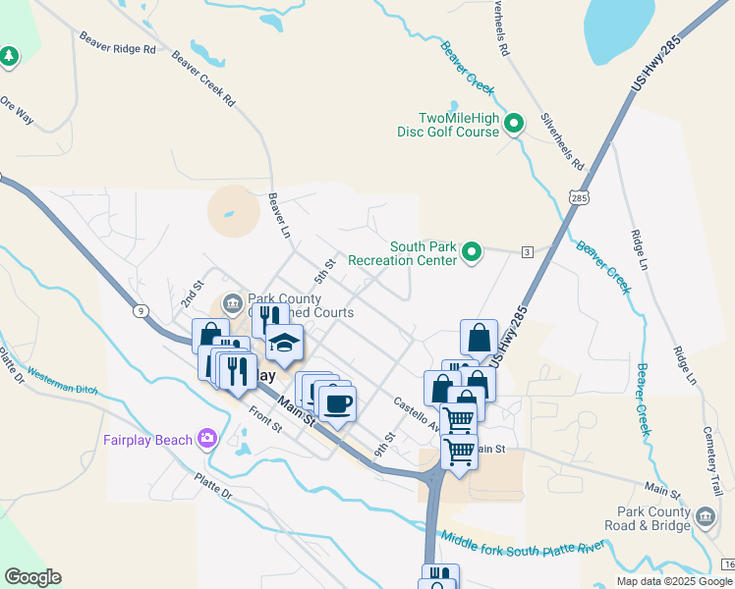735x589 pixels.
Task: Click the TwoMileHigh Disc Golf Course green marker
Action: tap(514, 124)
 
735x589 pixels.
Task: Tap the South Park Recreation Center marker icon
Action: tap(473, 253)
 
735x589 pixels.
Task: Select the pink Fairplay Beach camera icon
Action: tap(207, 438)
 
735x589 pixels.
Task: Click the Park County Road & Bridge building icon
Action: tap(705, 516)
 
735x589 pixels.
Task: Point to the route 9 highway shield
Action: tap(142, 311)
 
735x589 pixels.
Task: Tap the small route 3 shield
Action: tap(528, 252)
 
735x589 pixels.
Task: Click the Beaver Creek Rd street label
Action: tap(203, 79)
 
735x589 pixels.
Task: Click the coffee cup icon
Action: tap(337, 403)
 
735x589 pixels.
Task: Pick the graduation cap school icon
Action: tap(284, 343)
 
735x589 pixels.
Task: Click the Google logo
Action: tap(32, 577)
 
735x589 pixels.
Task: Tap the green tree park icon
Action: tap(10, 57)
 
